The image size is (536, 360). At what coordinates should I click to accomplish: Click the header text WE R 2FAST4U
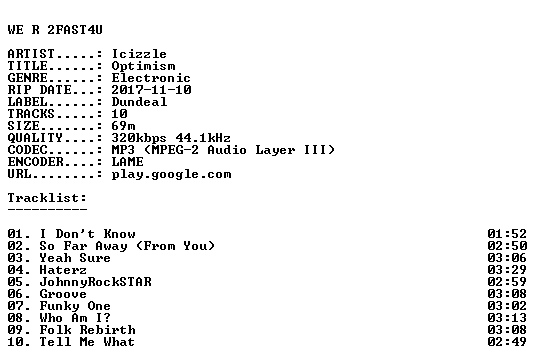click(x=55, y=30)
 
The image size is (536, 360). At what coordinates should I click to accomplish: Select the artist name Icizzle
click(x=139, y=54)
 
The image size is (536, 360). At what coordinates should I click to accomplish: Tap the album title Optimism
click(x=144, y=66)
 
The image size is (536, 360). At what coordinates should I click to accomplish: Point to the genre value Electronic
click(x=151, y=78)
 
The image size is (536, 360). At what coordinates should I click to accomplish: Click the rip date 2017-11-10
click(x=151, y=90)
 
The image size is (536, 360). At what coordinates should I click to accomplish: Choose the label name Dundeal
click(x=139, y=102)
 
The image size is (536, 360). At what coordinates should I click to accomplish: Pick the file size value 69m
click(x=123, y=126)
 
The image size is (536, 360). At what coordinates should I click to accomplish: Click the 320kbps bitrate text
click(x=139, y=138)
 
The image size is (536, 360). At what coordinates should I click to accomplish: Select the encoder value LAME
click(x=128, y=162)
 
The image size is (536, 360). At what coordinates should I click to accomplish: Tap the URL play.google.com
click(x=172, y=174)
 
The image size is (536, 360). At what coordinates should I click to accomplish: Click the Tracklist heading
click(x=47, y=198)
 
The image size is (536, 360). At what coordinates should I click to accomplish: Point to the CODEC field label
click(x=27, y=150)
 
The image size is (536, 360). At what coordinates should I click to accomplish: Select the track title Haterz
click(x=63, y=270)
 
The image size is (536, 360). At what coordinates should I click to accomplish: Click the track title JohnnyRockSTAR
click(x=95, y=282)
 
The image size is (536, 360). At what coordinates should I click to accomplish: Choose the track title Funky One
click(x=75, y=306)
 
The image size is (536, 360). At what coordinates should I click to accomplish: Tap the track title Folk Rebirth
click(x=88, y=330)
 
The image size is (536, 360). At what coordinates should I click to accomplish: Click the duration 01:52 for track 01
click(x=507, y=234)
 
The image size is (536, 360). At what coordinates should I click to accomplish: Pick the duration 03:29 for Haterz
click(x=507, y=270)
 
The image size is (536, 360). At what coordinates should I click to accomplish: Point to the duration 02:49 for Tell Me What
click(x=507, y=342)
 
